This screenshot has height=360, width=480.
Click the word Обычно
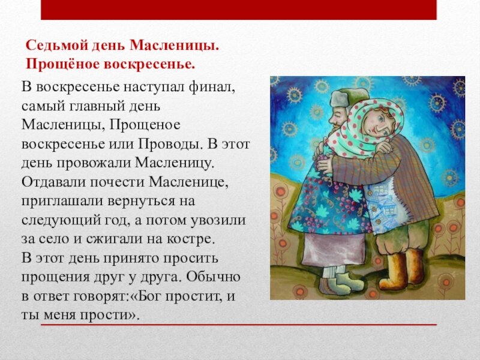(212, 277)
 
